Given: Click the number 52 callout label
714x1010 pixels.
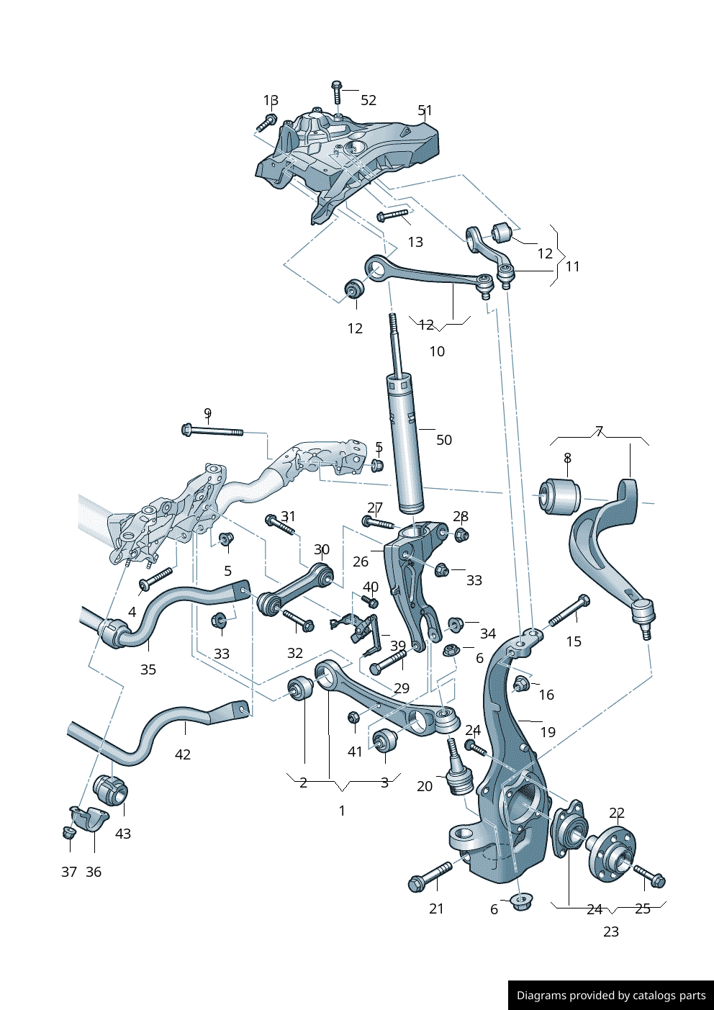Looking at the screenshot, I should click(x=369, y=101).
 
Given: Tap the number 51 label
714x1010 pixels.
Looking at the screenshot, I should click(x=425, y=111).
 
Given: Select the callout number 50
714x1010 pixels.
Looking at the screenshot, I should click(x=444, y=440).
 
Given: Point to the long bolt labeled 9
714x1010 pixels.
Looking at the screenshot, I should click(x=213, y=431).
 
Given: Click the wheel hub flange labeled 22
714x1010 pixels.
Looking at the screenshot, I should click(x=611, y=853).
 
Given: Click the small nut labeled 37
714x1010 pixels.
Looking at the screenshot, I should click(x=69, y=833).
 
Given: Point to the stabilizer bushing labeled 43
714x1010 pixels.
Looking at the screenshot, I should click(x=111, y=790).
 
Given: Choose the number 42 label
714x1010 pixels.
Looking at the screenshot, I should click(x=183, y=754).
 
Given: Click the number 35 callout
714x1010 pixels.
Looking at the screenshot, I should click(x=148, y=669).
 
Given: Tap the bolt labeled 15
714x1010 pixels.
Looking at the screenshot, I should click(x=569, y=610).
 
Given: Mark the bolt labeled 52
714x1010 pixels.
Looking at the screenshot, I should click(x=336, y=91).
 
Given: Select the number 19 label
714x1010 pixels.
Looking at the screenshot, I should click(x=548, y=732).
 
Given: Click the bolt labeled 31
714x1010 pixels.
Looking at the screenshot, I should click(x=280, y=524).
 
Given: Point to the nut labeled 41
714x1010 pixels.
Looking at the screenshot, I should click(x=353, y=718).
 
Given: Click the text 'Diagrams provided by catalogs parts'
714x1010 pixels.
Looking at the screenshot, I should click(x=611, y=996).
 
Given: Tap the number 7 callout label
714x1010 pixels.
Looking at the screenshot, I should click(x=599, y=432).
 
